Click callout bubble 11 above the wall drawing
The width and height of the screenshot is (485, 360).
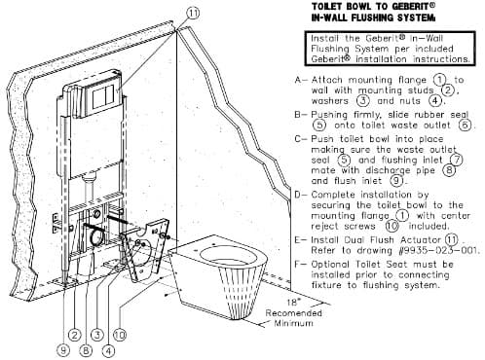tap(193, 14)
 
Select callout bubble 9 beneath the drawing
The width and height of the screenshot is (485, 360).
tap(63, 350)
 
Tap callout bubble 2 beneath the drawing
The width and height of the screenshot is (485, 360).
tap(75, 335)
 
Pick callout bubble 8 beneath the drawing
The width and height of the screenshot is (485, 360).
tap(86, 350)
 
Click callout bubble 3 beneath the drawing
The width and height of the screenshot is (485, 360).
tap(97, 335)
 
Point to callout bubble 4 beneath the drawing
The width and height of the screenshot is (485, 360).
tap(108, 350)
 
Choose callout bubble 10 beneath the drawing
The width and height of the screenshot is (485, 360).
tap(120, 335)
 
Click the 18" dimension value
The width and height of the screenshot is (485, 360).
tap(292, 303)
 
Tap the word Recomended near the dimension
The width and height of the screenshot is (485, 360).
tap(294, 313)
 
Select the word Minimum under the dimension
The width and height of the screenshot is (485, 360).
tap(294, 323)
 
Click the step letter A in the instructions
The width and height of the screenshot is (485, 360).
tap(299, 80)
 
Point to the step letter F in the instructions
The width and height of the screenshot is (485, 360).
tap(299, 265)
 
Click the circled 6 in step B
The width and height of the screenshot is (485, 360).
tap(466, 125)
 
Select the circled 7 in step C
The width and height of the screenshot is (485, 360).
tap(457, 160)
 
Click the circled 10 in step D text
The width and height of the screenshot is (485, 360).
tap(392, 226)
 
